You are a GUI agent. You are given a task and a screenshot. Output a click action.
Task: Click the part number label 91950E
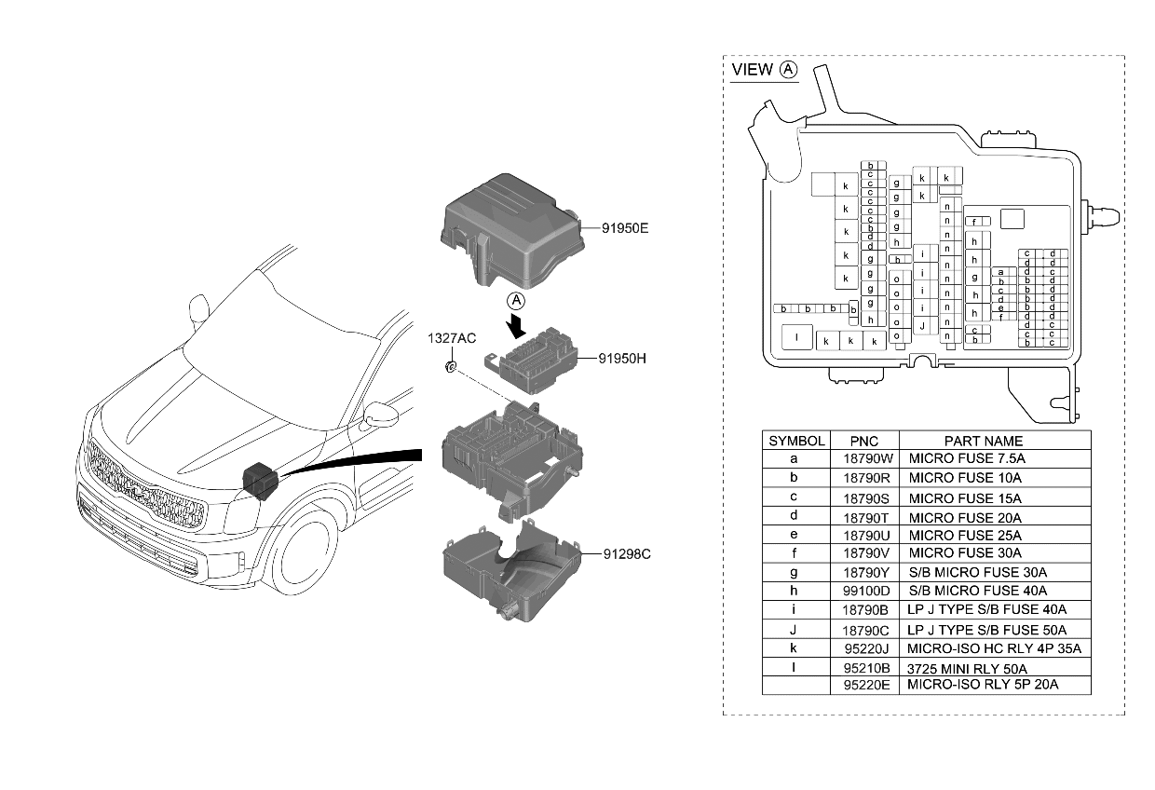pos(614,225)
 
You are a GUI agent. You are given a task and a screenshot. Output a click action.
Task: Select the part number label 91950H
pos(615,357)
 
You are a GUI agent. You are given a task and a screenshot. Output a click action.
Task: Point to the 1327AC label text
pos(452,338)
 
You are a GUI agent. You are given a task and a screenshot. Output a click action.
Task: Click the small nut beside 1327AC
pos(450,366)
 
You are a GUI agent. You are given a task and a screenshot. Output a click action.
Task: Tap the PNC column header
pos(864,441)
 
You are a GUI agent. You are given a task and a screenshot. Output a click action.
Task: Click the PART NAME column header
pos(983,441)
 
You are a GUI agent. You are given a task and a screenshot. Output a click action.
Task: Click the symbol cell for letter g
pos(794,572)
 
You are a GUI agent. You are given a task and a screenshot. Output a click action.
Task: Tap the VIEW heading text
pos(752,70)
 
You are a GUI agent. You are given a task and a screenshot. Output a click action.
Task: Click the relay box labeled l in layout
pos(796,336)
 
